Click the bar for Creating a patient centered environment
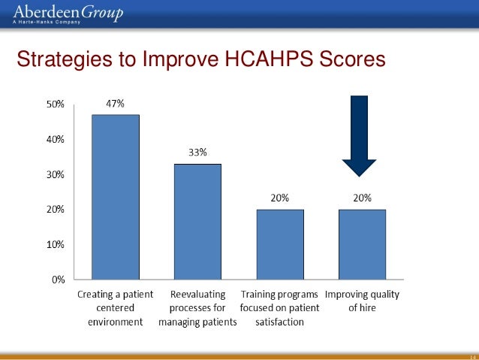(x=115, y=197)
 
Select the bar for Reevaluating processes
(x=198, y=222)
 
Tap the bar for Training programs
(x=279, y=244)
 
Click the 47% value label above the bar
(x=115, y=104)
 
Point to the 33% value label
(x=198, y=153)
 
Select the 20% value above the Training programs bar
(x=279, y=198)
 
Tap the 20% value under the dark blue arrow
(x=361, y=198)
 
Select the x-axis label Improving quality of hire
(x=361, y=301)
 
